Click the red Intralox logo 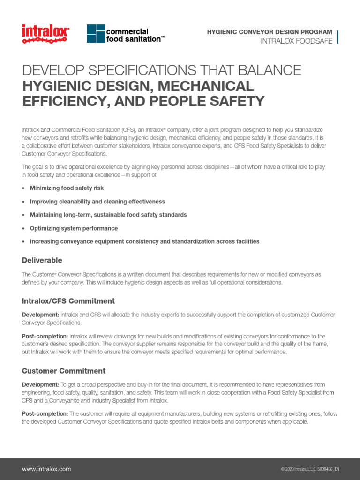tap(45, 34)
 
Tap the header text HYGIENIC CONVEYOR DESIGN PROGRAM tap(270, 32)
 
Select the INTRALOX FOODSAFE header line tap(296, 41)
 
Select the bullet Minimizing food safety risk tap(67, 188)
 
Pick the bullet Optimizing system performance tap(74, 228)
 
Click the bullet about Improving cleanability tap(97, 202)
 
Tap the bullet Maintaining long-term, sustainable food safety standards tap(108, 215)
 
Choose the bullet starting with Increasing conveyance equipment tap(144, 242)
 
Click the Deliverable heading tap(42, 260)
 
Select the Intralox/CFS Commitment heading tap(68, 301)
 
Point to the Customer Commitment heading tap(63, 371)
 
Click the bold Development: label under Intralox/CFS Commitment tap(40, 315)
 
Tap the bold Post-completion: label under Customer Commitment tap(45, 414)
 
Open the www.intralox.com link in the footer tap(46, 469)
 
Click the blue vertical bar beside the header tap(337, 37)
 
